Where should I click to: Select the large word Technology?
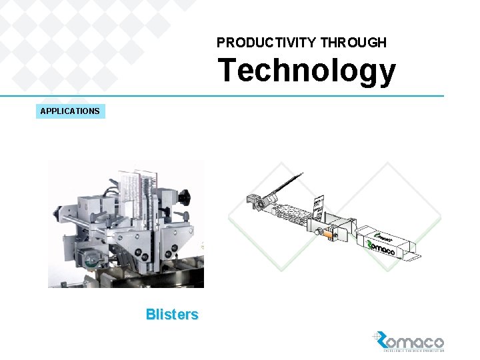click(307, 71)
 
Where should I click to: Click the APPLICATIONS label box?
click(70, 111)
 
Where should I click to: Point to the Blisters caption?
click(172, 315)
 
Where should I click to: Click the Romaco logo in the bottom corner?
click(408, 341)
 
